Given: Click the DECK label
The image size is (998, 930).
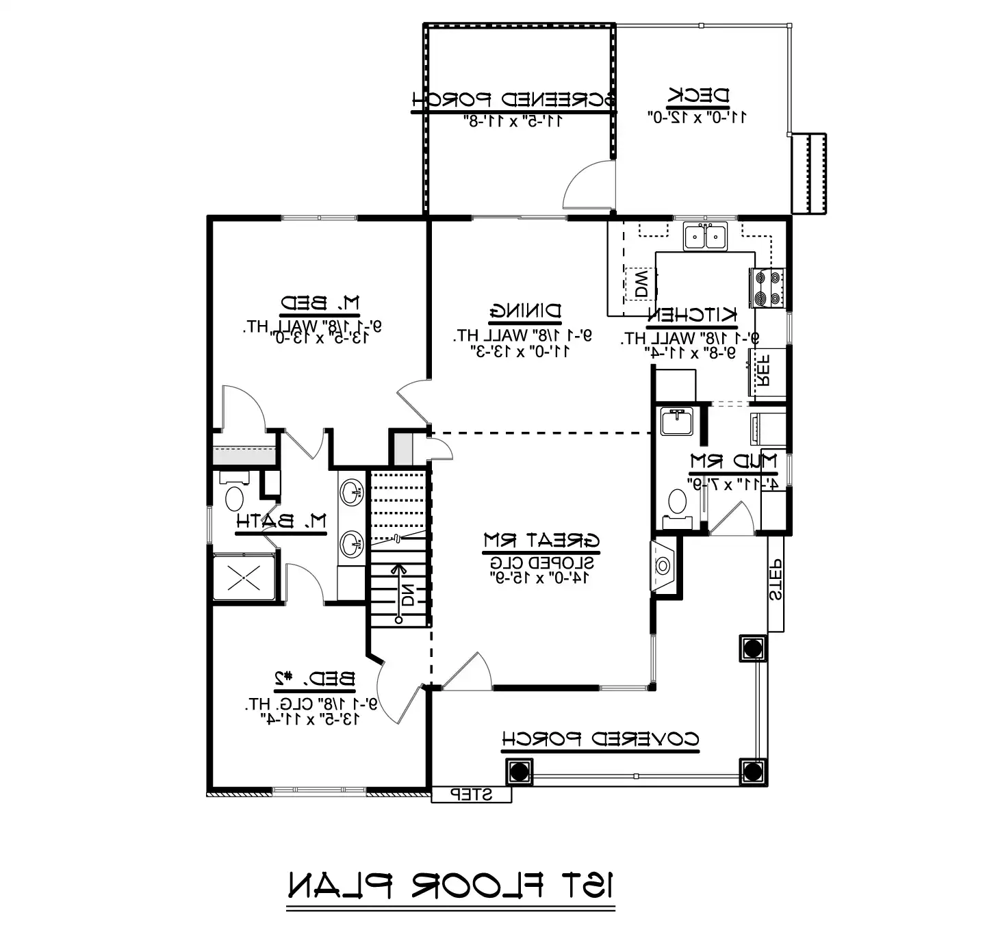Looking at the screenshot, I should (x=699, y=96).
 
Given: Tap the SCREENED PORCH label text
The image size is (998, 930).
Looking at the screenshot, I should (x=513, y=100).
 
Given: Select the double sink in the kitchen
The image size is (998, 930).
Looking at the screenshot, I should (x=705, y=237).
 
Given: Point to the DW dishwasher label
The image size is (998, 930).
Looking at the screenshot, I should (x=641, y=283).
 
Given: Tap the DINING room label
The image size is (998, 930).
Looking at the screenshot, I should (x=525, y=312).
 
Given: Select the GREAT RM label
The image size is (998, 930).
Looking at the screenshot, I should (x=541, y=541).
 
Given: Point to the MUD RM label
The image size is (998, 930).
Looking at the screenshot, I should (x=733, y=462).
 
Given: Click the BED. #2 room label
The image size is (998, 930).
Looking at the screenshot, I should (x=315, y=679).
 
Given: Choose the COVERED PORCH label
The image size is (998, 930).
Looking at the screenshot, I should (x=600, y=740).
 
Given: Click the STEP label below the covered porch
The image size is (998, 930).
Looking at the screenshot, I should (x=471, y=795).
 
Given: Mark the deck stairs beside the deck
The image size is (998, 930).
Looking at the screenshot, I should (x=808, y=174).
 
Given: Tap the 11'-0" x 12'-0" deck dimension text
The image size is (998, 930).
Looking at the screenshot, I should (x=697, y=117).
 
